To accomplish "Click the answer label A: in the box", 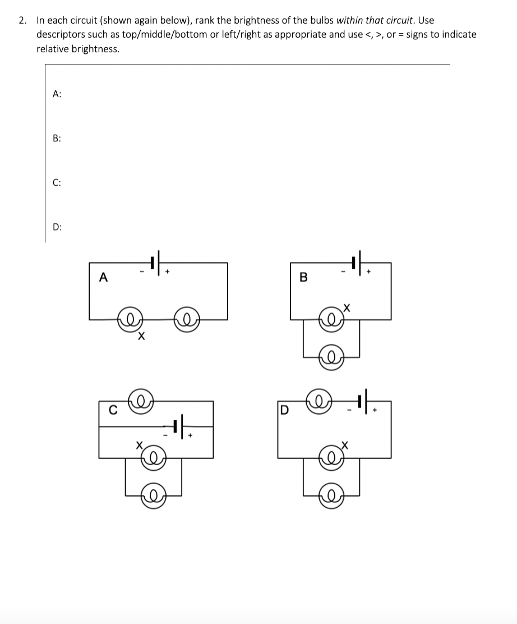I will tap(57, 94).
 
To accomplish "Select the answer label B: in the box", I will tap(57, 139).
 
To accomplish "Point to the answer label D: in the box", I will tap(57, 227).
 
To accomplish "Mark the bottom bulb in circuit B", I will tap(331, 356).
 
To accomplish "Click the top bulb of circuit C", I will tap(142, 401).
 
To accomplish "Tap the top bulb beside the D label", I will tap(319, 402).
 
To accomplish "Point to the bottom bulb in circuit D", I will tap(331, 496).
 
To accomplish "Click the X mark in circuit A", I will tap(141, 337).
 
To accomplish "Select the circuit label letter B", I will tap(304, 277).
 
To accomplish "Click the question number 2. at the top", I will tap(22, 20).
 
